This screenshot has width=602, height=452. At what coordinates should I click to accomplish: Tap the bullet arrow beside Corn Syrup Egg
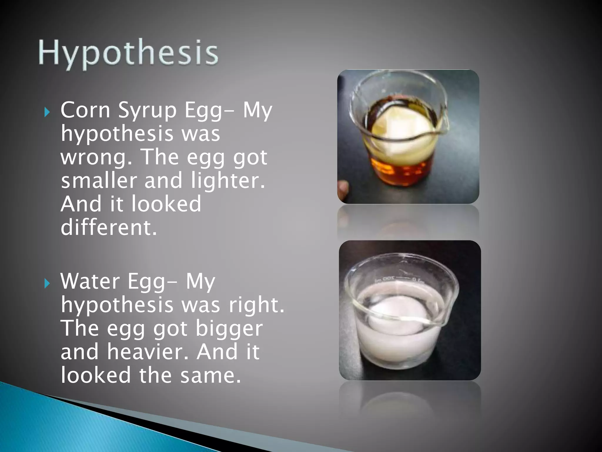47,112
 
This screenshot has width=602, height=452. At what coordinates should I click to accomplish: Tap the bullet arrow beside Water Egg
47,283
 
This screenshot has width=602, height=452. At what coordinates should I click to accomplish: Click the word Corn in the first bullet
85,110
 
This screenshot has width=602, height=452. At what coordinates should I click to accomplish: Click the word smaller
99,180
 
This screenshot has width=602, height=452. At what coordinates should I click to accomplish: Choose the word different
108,227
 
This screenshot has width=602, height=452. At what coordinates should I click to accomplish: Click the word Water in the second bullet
90,281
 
